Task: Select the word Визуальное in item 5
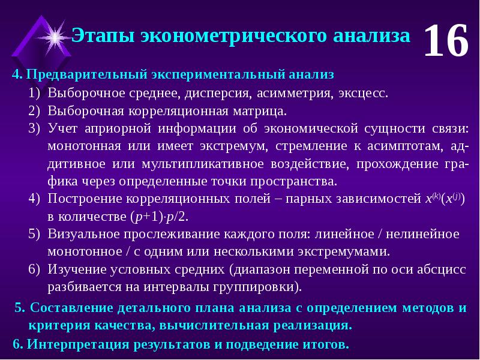(85, 234)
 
